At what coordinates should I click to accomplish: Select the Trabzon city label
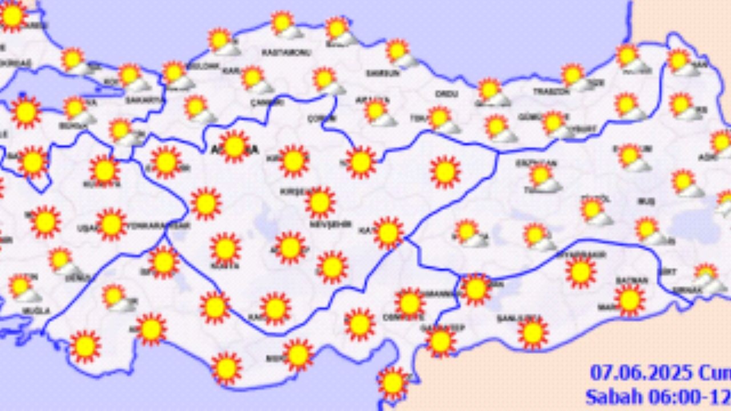551,91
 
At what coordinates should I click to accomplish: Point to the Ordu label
443,93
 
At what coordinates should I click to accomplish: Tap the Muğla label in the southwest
36,311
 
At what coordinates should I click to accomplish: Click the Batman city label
632,280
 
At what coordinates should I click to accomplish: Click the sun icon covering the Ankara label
234,146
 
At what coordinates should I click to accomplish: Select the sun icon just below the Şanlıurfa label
533,333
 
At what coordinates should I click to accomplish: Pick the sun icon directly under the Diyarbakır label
581,272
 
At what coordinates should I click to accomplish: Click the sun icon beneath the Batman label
629,299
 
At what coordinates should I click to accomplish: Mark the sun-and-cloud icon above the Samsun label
400,53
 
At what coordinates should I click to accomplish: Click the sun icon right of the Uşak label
111,224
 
